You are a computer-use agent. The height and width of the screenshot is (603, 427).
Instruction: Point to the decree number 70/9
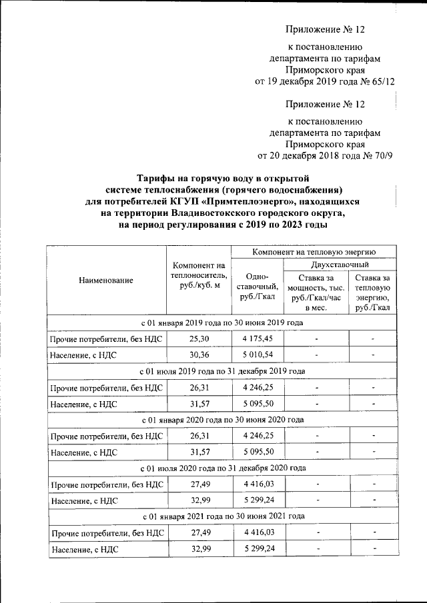(x=382, y=156)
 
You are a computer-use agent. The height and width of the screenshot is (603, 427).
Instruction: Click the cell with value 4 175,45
(x=256, y=338)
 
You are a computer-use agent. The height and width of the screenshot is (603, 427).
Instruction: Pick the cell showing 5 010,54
(x=256, y=355)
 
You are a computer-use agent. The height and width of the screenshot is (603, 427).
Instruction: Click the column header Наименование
(x=105, y=281)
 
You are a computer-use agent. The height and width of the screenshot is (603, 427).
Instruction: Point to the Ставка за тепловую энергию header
(x=373, y=291)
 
